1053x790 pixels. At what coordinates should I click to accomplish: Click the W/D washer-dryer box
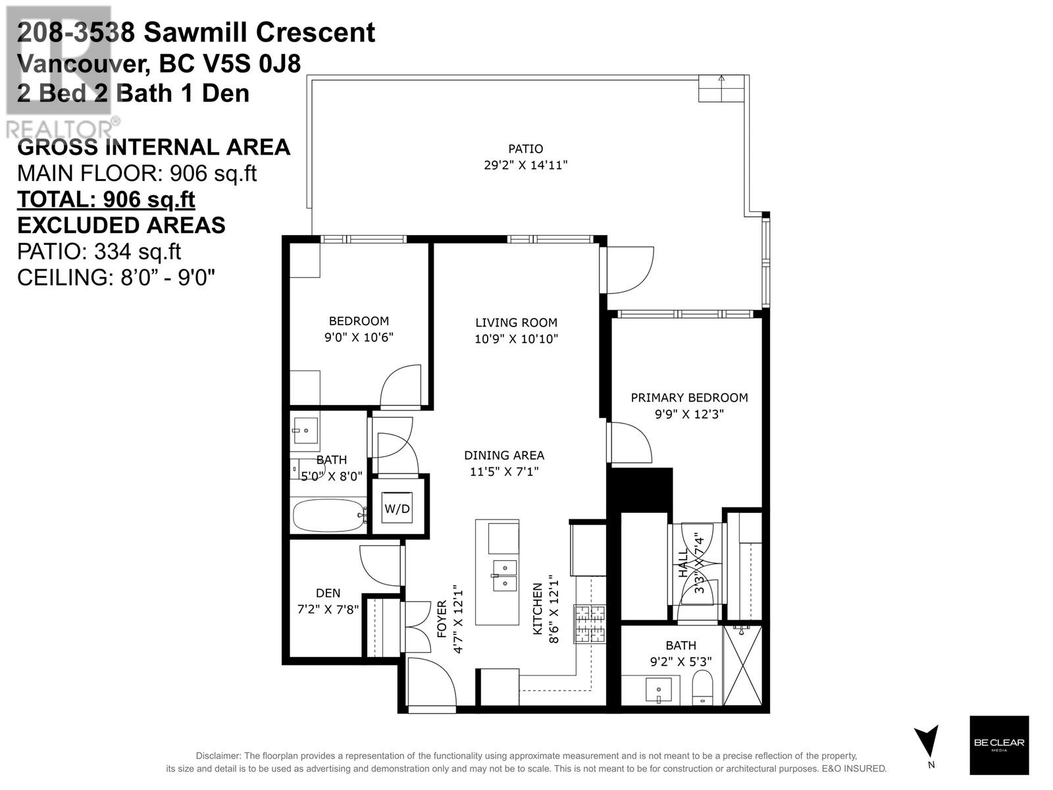(397, 508)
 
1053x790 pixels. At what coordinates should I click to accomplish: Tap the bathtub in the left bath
(329, 515)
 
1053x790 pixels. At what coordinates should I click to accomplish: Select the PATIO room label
(525, 149)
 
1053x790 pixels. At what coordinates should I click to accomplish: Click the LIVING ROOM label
(516, 323)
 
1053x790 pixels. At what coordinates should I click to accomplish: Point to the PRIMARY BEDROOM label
(689, 398)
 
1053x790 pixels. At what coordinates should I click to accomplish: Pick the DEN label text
(328, 593)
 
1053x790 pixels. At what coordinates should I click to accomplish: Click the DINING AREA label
(504, 455)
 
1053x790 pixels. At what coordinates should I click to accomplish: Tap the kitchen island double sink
(505, 575)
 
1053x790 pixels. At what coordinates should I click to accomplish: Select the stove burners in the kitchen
(590, 623)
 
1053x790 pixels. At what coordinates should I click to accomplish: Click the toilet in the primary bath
(703, 687)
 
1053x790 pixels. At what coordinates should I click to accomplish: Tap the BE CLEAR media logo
(999, 745)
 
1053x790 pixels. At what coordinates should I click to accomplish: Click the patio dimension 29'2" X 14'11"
(525, 165)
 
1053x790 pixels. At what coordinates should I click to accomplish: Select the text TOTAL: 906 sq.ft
(106, 199)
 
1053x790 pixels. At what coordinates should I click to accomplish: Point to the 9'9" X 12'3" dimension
(689, 414)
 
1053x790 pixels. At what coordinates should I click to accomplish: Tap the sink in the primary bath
(659, 689)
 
